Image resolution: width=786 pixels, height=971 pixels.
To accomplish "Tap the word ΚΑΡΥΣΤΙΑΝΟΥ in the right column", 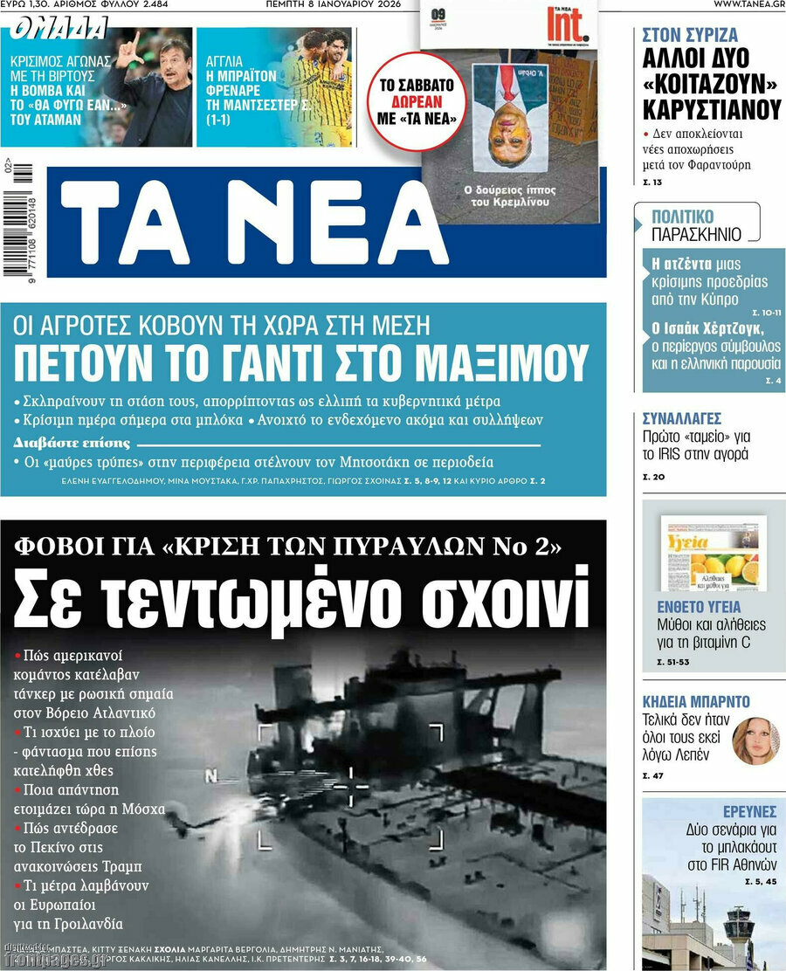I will (x=711, y=110).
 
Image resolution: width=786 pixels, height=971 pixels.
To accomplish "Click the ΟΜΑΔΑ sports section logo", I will (x=59, y=30).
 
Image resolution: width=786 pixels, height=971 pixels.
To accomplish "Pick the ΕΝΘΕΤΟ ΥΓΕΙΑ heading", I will (x=699, y=607).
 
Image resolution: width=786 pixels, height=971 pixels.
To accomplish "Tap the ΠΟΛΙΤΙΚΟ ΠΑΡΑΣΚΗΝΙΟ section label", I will (x=696, y=225).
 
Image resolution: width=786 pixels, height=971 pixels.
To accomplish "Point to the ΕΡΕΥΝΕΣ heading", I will (x=749, y=812).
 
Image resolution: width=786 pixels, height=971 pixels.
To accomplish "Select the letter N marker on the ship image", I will (x=210, y=775).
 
